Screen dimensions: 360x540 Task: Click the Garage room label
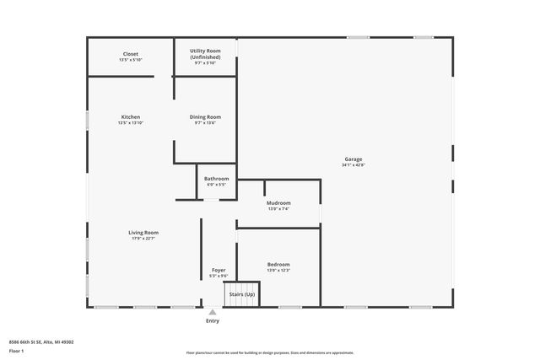(x=354, y=159)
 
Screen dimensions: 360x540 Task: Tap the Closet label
(x=131, y=54)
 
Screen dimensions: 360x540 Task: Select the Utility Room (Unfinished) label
(x=206, y=55)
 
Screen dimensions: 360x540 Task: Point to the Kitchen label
(x=131, y=116)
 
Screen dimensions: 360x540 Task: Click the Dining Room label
(x=206, y=116)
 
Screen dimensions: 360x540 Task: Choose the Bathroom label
(x=217, y=179)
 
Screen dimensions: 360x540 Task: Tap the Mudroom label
(x=278, y=203)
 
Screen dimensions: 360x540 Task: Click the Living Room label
(x=143, y=233)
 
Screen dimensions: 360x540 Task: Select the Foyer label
(x=219, y=270)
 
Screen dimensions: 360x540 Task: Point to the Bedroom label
(x=278, y=264)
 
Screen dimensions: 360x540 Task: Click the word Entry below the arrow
(x=213, y=321)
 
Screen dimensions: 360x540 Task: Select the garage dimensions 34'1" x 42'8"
(x=354, y=166)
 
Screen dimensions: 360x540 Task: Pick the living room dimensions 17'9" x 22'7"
(x=143, y=239)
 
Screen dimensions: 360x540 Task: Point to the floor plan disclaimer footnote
(x=270, y=354)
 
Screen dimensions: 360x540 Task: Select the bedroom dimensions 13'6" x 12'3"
(x=278, y=271)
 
